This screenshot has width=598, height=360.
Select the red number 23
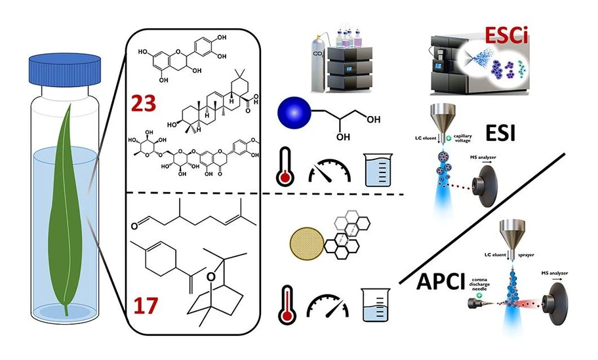149,103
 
